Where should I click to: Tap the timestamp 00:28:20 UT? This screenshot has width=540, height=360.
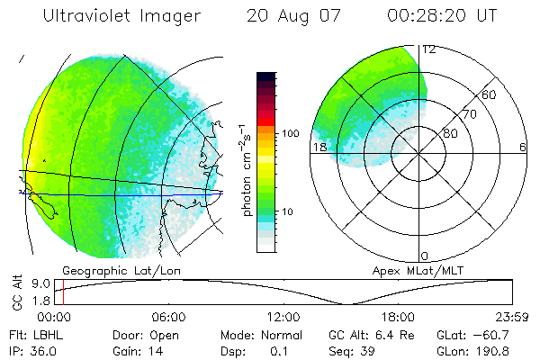(x=443, y=16)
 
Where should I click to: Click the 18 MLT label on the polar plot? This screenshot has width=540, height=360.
(x=319, y=148)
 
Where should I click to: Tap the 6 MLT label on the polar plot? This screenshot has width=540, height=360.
(x=524, y=148)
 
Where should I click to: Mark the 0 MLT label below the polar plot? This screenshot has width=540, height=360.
(x=425, y=256)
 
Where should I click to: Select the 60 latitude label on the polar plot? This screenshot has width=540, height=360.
(x=490, y=94)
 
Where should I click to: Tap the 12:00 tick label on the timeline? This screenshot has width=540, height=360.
(x=283, y=317)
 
